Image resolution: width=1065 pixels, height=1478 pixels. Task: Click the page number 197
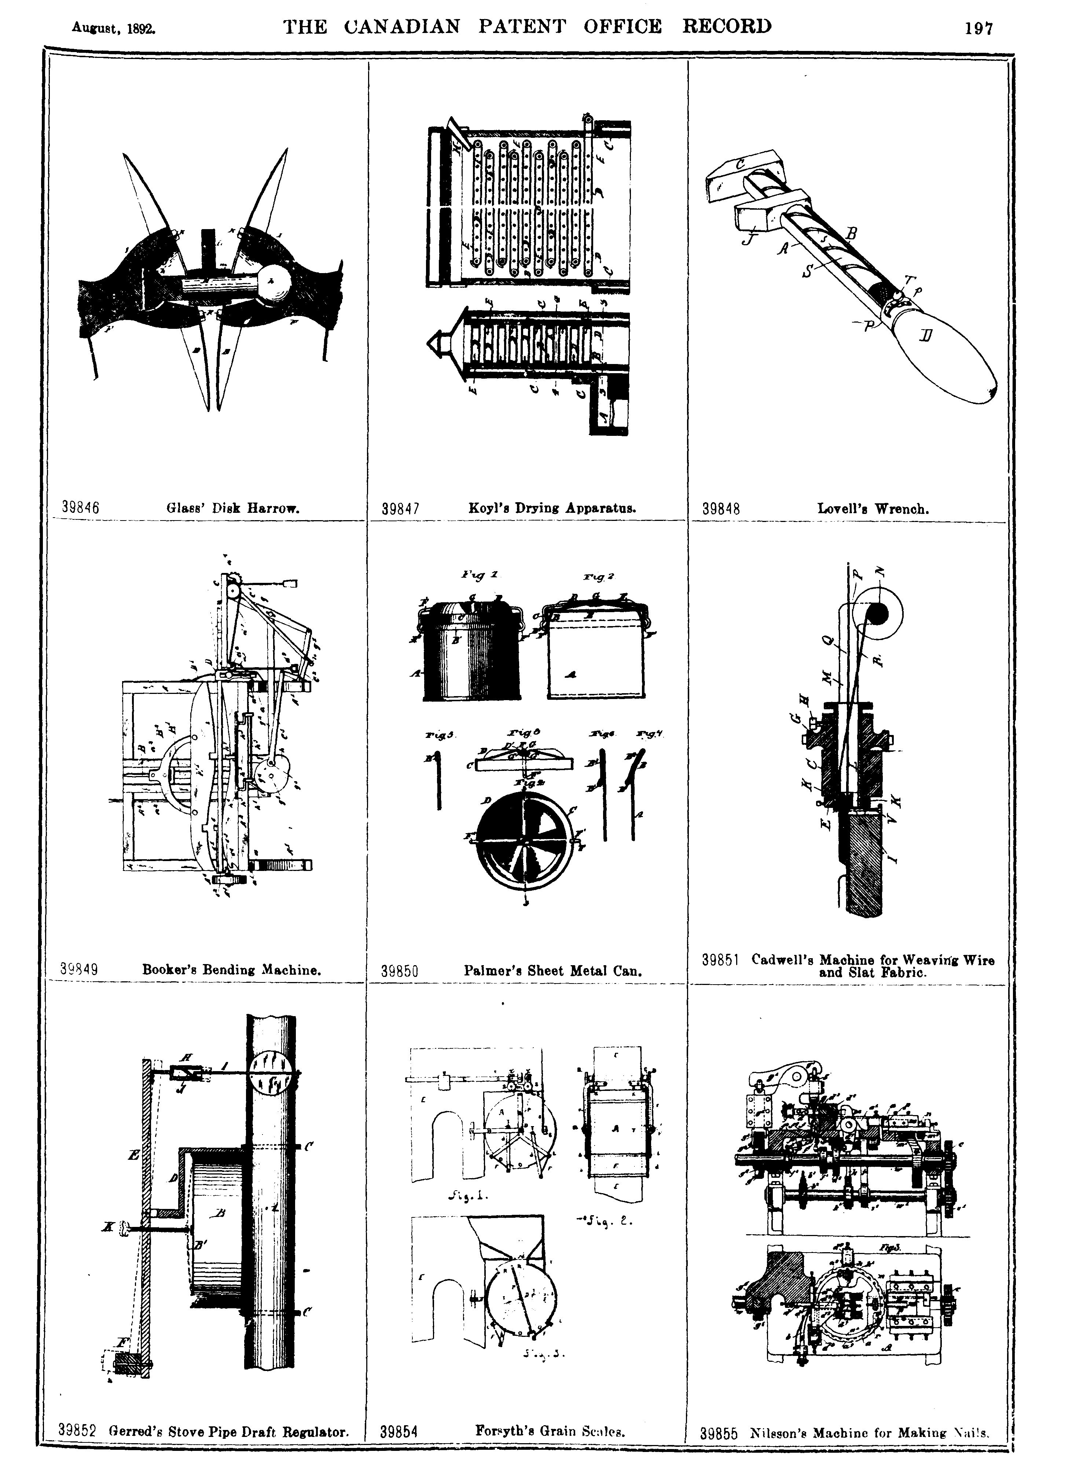click(979, 29)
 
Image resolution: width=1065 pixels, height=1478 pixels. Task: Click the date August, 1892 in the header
click(114, 29)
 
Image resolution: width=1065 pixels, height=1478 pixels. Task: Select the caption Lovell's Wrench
click(873, 509)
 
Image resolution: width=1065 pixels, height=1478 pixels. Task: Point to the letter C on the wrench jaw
click(741, 166)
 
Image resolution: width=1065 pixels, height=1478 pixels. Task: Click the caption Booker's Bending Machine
click(231, 970)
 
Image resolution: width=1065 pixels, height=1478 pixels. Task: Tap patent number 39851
click(720, 960)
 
